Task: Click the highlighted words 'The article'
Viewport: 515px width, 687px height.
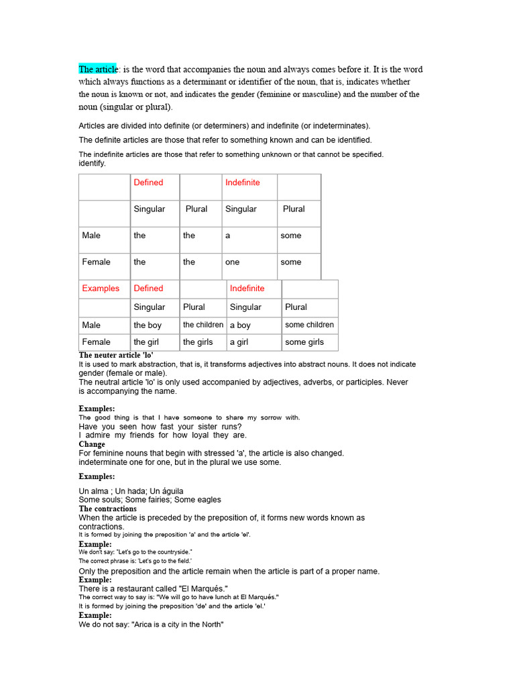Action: point(98,69)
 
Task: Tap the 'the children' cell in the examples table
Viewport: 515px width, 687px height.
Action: point(203,325)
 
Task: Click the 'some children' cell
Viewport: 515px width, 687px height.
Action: point(309,325)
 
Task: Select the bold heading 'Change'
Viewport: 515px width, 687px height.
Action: point(92,444)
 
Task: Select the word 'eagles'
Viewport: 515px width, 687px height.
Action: point(207,500)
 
